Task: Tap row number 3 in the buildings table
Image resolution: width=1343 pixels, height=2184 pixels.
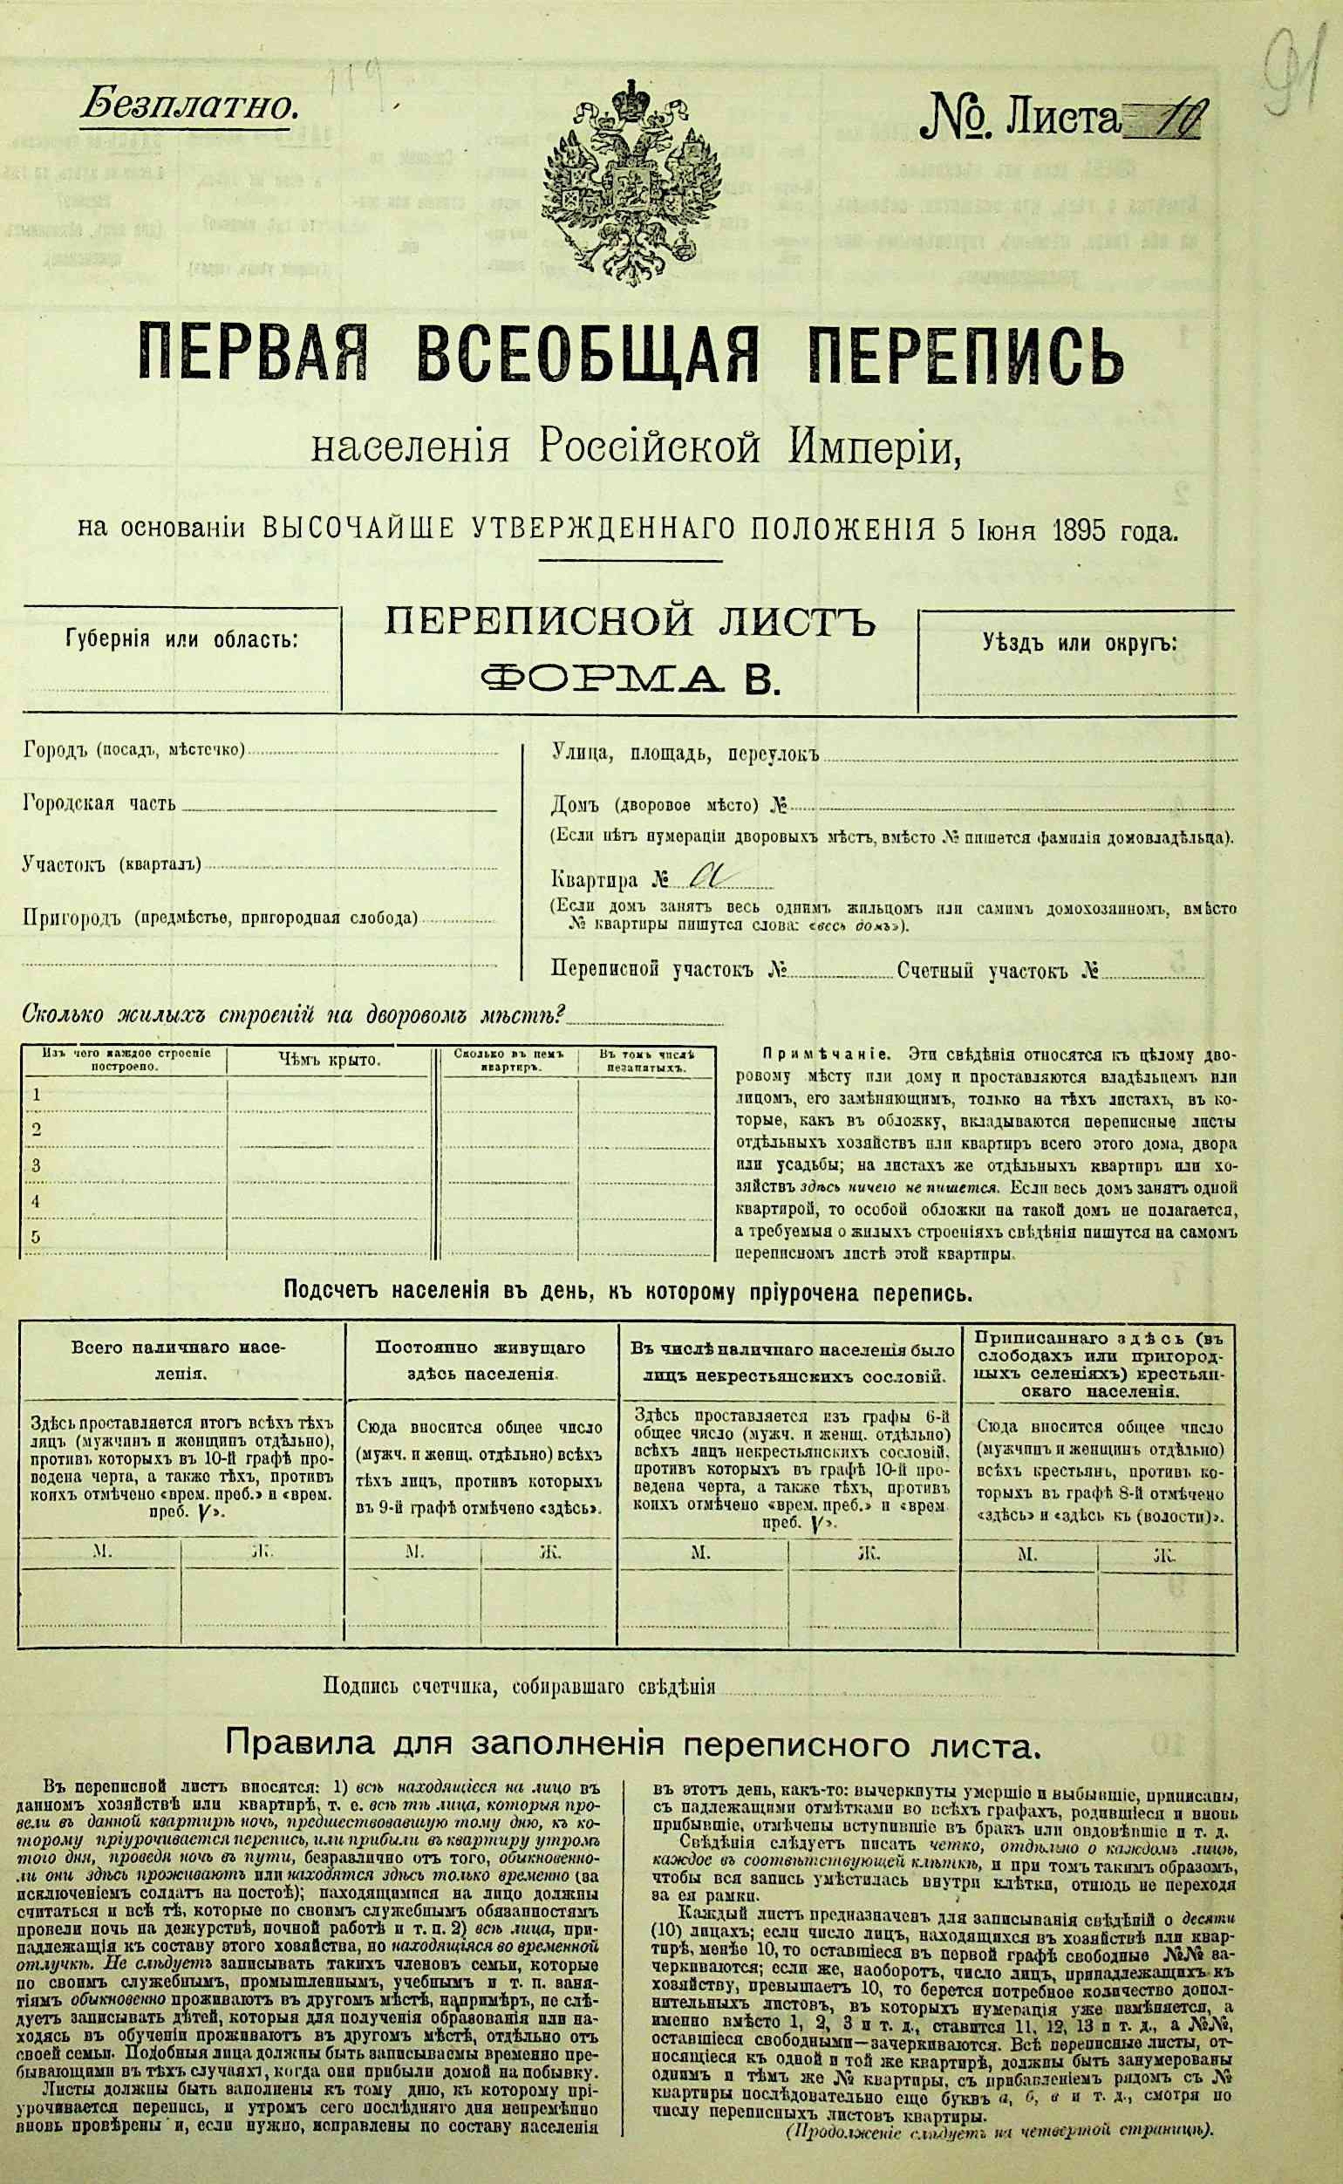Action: click(36, 1166)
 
